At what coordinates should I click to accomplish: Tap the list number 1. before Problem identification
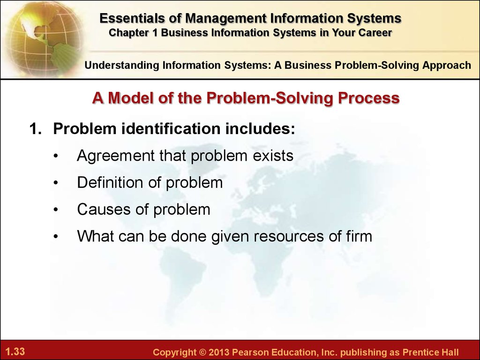35,128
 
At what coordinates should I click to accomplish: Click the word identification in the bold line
171,128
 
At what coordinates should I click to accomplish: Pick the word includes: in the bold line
260,128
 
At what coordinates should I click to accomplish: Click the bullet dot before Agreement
55,156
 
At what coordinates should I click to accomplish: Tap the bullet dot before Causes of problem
55,210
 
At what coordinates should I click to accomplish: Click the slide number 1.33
15,351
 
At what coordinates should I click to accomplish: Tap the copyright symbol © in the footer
202,352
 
